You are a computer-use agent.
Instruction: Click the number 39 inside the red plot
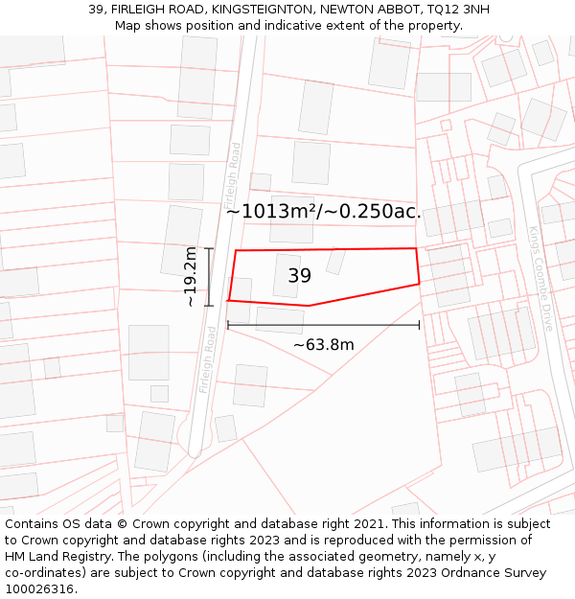click(x=299, y=276)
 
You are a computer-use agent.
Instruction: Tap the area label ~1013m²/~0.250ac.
click(x=323, y=212)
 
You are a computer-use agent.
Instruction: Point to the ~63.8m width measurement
click(x=324, y=345)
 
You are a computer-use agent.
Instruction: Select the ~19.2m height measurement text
click(x=190, y=276)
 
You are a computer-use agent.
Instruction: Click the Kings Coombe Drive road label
click(x=540, y=278)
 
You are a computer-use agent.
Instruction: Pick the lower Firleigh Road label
click(x=208, y=360)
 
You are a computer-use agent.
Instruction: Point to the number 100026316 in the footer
click(x=38, y=589)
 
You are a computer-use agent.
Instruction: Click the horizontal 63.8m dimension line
click(x=323, y=326)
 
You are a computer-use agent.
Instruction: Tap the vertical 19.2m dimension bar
click(x=208, y=276)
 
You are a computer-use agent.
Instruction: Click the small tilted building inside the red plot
click(x=335, y=261)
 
